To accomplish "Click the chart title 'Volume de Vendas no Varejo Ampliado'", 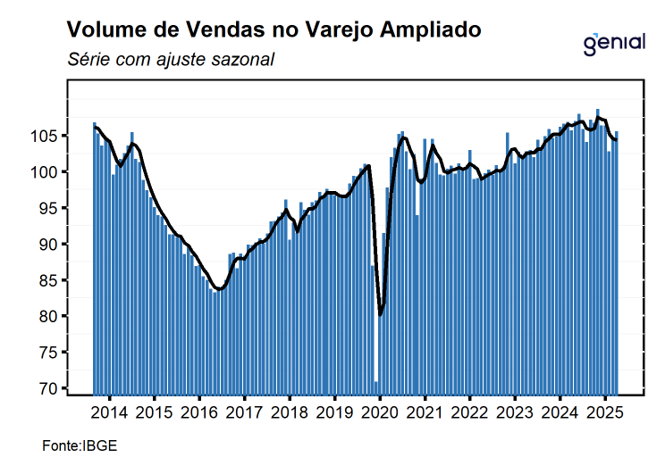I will (274, 30).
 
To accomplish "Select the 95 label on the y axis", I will (50, 208).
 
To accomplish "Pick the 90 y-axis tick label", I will (50, 244).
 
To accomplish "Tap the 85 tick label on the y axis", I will (50, 280).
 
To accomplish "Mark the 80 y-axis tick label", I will (50, 316).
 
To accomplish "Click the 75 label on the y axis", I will (50, 353).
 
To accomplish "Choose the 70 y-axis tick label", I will (50, 388).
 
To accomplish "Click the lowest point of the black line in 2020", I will (381, 314).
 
